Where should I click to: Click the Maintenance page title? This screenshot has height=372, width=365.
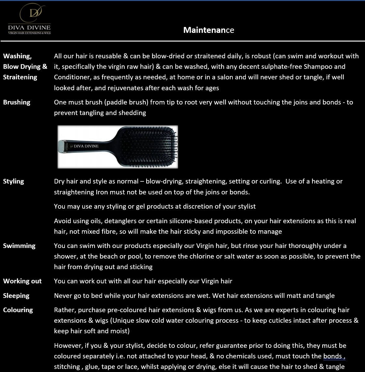click(x=209, y=30)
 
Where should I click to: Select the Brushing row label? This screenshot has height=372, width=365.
click(x=17, y=102)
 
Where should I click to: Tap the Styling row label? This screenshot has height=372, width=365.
click(x=14, y=181)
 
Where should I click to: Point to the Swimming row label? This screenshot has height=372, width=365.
click(x=19, y=246)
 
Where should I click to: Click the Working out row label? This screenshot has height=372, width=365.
click(x=22, y=281)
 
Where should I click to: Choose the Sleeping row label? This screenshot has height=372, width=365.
click(x=16, y=296)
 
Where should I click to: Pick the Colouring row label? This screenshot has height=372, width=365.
click(x=18, y=310)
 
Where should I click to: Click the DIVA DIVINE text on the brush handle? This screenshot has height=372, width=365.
click(x=86, y=146)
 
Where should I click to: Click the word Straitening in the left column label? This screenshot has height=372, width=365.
click(x=20, y=77)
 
